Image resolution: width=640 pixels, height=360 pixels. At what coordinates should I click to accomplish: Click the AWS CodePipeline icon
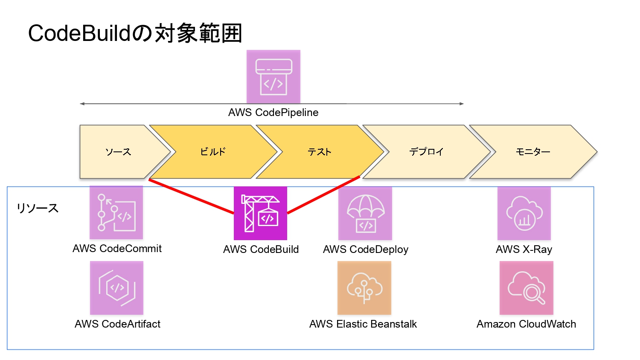[273, 77]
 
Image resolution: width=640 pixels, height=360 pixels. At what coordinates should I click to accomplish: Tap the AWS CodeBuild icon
[260, 213]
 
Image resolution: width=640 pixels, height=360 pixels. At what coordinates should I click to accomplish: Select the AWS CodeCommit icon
[116, 212]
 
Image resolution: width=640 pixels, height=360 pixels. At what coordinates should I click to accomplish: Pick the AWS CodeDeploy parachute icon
[365, 213]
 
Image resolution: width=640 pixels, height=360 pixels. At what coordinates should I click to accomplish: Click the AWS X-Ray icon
[524, 213]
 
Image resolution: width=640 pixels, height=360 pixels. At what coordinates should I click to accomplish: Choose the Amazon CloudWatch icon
[526, 288]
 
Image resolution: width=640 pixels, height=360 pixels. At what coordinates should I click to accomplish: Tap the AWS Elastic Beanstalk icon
[364, 288]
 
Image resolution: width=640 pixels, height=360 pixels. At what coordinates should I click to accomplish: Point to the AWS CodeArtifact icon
[116, 288]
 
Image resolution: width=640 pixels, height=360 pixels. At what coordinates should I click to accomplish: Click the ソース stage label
[118, 152]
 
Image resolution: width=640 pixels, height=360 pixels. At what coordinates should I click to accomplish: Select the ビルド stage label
[212, 152]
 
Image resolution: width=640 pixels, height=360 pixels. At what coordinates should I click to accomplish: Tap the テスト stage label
[320, 152]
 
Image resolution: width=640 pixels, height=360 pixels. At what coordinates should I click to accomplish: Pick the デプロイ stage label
[426, 152]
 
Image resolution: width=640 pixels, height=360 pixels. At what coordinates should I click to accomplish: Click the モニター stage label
[533, 152]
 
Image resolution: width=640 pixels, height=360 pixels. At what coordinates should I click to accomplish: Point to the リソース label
[38, 208]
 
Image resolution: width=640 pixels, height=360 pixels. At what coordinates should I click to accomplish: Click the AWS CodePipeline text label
[273, 113]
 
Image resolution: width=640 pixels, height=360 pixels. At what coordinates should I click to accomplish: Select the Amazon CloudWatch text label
[526, 324]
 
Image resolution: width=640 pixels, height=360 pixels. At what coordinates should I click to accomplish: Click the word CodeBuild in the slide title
[79, 33]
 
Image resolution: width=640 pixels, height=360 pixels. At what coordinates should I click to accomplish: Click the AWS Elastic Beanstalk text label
[363, 324]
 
